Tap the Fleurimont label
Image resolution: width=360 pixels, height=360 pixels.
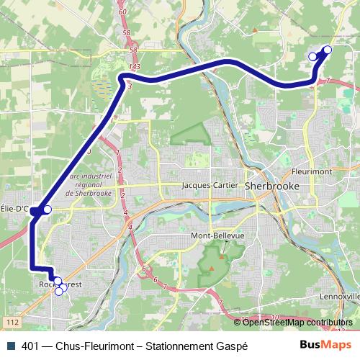click(x=311, y=172)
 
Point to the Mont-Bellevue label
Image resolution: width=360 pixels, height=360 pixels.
click(x=217, y=235)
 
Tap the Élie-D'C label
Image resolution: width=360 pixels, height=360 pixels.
click(x=14, y=210)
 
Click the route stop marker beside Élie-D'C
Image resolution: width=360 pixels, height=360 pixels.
click(x=48, y=210)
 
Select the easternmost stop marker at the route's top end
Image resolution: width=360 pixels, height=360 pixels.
click(x=328, y=50)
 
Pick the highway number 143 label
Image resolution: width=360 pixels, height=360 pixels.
click(x=132, y=66)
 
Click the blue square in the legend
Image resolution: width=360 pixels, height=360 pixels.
click(x=9, y=346)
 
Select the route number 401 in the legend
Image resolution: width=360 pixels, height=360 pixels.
click(x=31, y=346)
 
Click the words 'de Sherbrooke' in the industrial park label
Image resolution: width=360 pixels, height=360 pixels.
click(x=89, y=193)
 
